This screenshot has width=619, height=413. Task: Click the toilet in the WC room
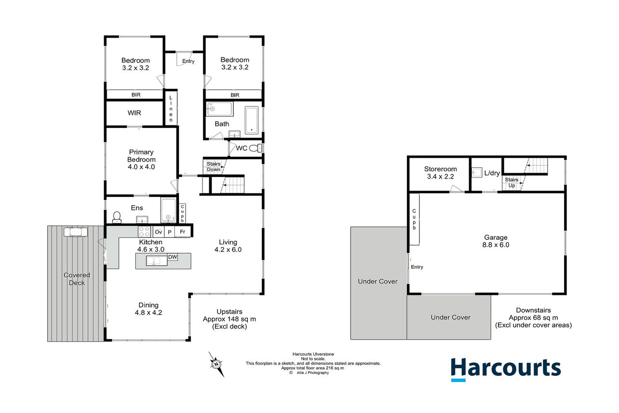[x=256, y=148]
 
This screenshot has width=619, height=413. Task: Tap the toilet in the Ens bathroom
[x=117, y=217]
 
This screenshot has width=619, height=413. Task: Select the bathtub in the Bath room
[x=252, y=120]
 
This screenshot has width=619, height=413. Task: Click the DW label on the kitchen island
[x=173, y=257]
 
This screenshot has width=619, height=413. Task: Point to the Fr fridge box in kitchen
[x=182, y=232]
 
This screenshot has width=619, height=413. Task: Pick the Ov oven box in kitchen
[x=158, y=232]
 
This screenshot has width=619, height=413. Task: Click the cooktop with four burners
[x=144, y=232]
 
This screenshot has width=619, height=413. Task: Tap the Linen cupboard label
[x=171, y=109]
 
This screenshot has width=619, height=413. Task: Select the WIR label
[x=135, y=113]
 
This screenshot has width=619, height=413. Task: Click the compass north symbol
[x=216, y=364]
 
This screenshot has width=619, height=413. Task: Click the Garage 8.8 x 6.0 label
[x=496, y=241]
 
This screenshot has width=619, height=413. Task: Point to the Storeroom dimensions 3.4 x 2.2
[x=441, y=177]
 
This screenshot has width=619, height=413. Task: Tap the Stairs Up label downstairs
[x=511, y=182]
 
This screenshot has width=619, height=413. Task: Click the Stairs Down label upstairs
[x=214, y=166]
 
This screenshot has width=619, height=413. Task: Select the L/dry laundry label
[x=492, y=173]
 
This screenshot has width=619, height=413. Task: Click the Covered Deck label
[x=77, y=279]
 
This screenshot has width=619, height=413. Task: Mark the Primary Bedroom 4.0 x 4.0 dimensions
[x=141, y=167]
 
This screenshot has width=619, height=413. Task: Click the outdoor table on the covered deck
[x=76, y=232]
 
